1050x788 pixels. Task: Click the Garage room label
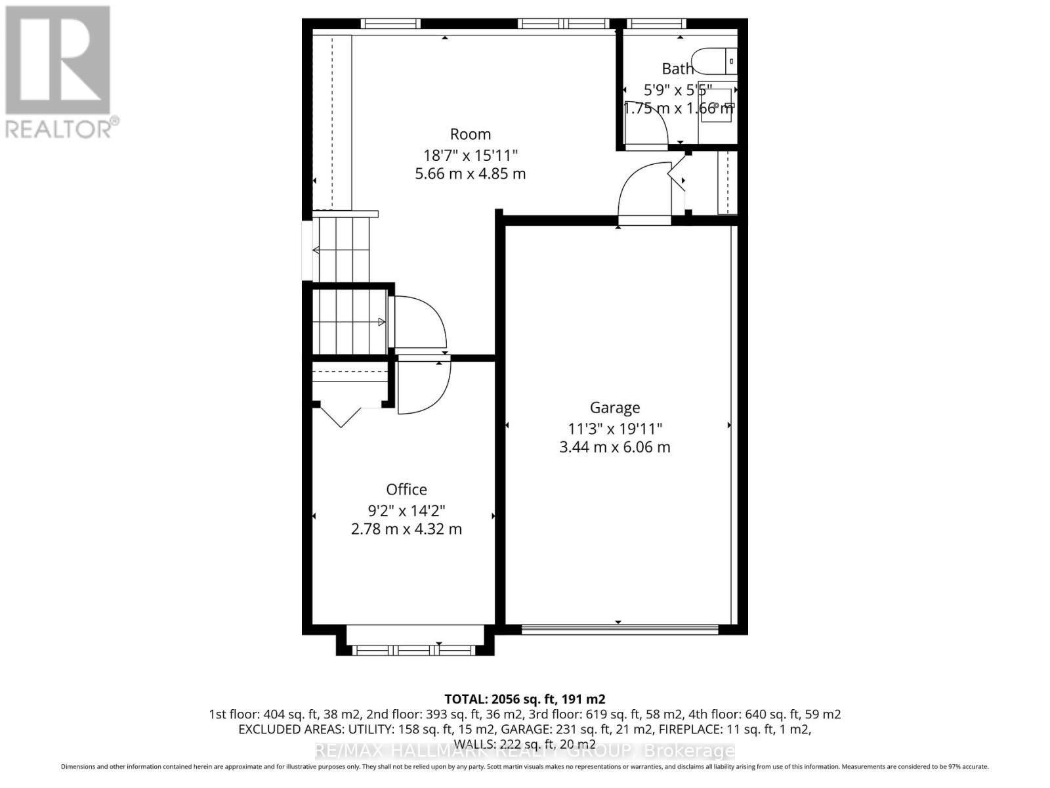(x=614, y=408)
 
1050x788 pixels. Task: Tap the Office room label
(x=406, y=489)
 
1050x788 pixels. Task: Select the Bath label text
(x=677, y=68)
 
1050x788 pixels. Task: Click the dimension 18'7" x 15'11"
(x=471, y=156)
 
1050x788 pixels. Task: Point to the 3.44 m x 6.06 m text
(x=614, y=447)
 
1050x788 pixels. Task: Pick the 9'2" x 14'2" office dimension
(x=406, y=510)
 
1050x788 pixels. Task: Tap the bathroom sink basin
(x=717, y=105)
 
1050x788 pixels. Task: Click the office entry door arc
(x=423, y=386)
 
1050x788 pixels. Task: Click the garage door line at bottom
(x=619, y=629)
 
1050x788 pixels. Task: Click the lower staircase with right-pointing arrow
(x=348, y=322)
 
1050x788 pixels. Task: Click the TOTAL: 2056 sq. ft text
(x=524, y=699)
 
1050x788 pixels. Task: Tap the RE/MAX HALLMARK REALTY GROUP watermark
(x=524, y=751)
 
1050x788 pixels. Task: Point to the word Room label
(x=470, y=135)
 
